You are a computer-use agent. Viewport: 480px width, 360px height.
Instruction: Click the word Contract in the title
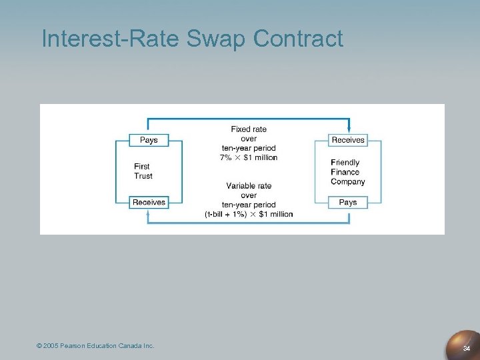click(x=298, y=39)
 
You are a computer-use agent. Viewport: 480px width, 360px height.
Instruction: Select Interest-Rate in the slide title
click(x=110, y=39)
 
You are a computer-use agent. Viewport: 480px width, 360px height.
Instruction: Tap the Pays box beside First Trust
click(x=149, y=140)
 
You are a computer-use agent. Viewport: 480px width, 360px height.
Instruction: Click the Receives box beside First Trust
click(x=149, y=202)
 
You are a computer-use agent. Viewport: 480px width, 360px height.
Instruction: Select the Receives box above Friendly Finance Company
click(x=348, y=140)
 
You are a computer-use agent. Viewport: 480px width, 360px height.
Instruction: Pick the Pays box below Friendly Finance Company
click(x=348, y=202)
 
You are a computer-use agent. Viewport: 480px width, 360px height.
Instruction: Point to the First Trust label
click(x=143, y=171)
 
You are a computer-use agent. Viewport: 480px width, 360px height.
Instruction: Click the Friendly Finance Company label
click(x=347, y=172)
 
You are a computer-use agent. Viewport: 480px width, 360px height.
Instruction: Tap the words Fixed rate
click(x=249, y=129)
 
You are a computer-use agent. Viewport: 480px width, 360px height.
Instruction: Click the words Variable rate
click(x=249, y=185)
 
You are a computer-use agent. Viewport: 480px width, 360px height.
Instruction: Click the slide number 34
click(x=467, y=348)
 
